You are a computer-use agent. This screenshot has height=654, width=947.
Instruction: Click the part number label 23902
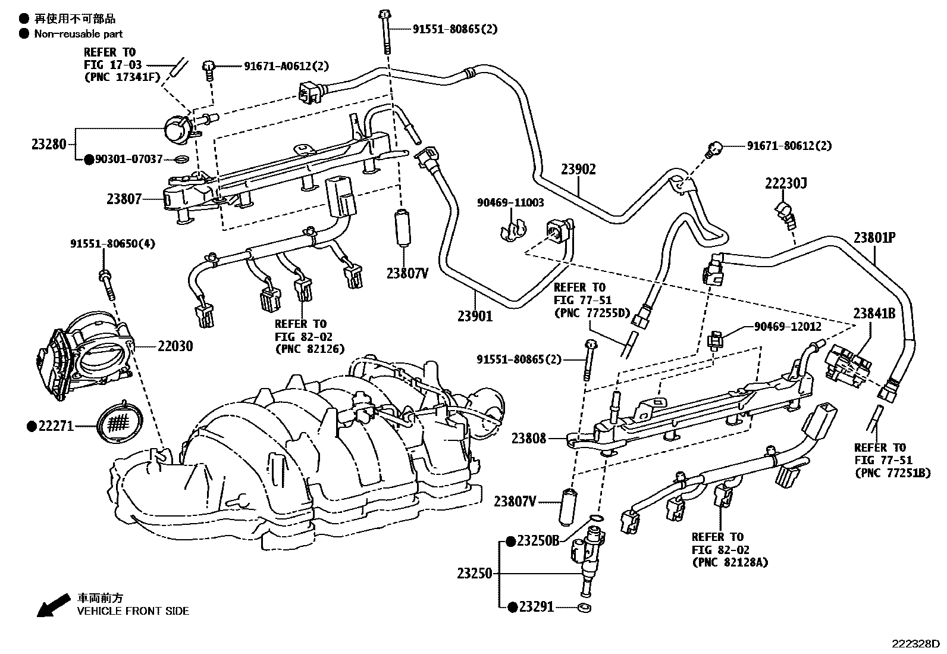coord(578,170)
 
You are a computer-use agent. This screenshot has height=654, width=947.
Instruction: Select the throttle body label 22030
coord(175,346)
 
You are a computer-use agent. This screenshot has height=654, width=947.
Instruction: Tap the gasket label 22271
coord(56,425)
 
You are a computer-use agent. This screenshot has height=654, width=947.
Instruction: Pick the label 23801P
coord(874,237)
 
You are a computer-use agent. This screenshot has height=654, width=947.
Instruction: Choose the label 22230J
coord(786,184)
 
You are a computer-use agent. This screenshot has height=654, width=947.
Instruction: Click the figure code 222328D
coord(915,644)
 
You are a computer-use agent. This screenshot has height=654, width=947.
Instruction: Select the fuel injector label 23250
coord(475,574)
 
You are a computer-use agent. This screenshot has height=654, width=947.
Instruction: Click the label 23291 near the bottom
coord(536,607)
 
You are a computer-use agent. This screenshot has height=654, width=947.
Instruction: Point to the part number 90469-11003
coord(510,203)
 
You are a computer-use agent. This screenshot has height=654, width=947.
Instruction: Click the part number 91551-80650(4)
coord(112,243)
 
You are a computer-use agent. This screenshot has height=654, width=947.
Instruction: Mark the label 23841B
coord(874,314)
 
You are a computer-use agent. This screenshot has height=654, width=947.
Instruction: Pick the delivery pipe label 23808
coord(528,439)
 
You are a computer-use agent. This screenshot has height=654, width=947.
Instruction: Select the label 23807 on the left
coord(124,199)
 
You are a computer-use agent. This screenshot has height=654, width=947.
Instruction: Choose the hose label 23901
coord(475,316)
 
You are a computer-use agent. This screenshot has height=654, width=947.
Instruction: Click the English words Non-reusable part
coord(79,34)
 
